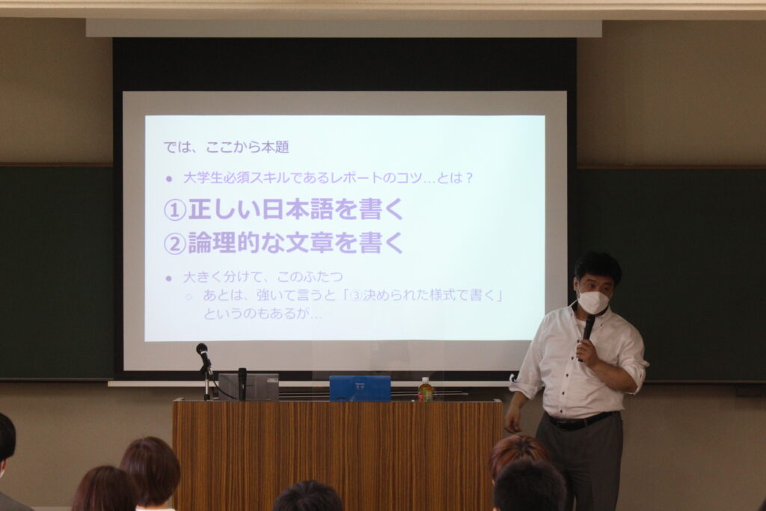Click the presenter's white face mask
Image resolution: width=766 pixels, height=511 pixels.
593,302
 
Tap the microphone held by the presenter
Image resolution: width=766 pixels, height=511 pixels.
588,333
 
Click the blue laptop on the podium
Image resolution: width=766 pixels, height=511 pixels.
360,388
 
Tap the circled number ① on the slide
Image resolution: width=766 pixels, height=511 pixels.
175,210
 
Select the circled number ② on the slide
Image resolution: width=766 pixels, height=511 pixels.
175,243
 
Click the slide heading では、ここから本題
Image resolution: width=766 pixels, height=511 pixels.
226,147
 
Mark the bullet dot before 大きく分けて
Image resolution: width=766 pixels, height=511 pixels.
169,278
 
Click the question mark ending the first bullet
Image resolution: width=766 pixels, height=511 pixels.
469,178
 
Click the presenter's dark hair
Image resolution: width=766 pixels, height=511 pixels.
597,268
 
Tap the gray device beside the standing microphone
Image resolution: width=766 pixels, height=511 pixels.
248,386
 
